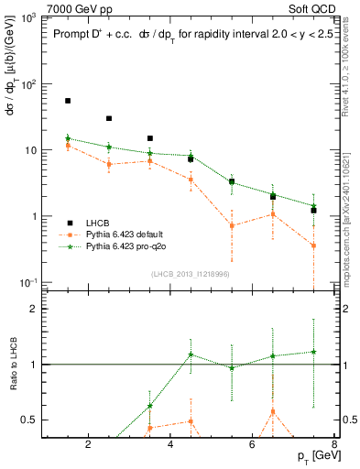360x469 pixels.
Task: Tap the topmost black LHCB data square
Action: click(68, 101)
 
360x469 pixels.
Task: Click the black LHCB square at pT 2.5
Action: click(109, 118)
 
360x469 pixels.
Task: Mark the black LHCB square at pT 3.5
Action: click(150, 138)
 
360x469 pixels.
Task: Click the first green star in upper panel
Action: click(68, 138)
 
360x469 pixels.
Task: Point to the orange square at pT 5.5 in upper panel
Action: click(232, 225)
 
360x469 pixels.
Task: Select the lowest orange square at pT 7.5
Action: click(313, 245)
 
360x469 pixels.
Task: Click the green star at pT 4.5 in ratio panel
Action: click(191, 354)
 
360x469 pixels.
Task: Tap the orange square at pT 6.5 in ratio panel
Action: click(273, 411)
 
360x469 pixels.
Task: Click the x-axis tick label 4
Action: click(170, 446)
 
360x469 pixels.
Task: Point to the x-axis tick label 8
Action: click(335, 446)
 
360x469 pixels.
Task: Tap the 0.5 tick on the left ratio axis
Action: click(31, 420)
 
